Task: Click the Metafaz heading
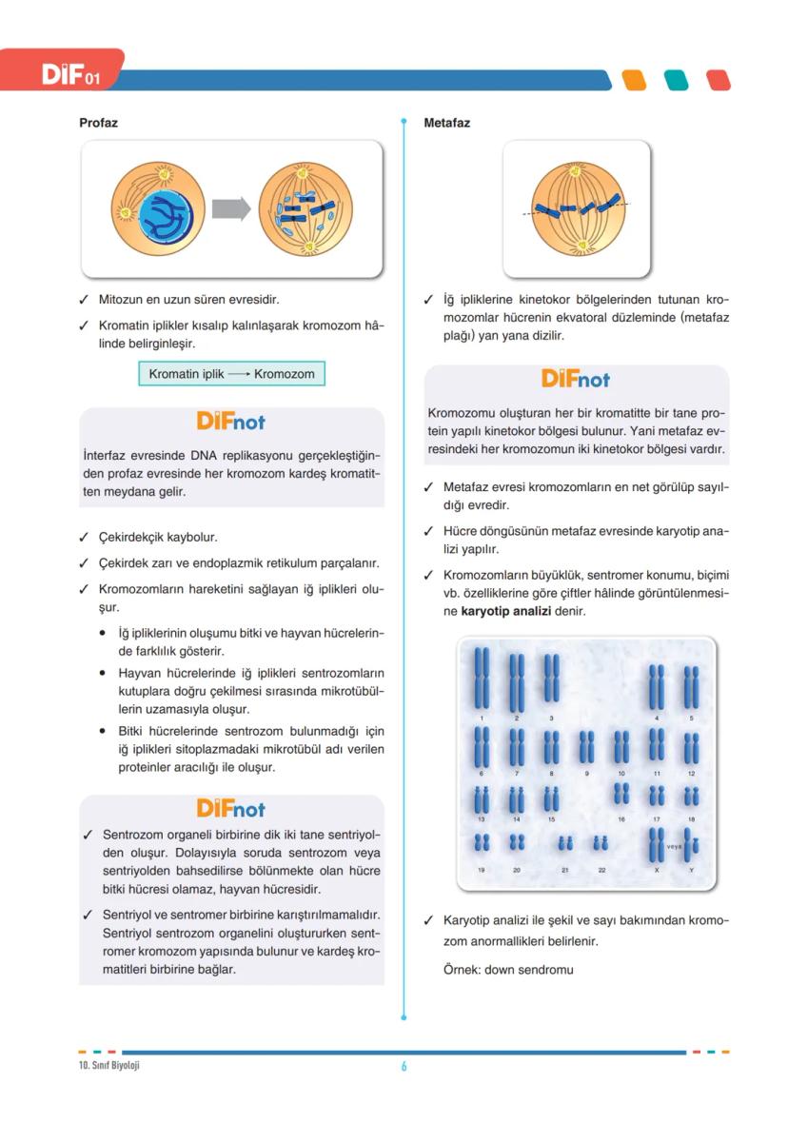pos(446,123)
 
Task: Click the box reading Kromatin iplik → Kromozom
pos(231,374)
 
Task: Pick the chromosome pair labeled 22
pos(601,842)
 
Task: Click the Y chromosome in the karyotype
pos(692,844)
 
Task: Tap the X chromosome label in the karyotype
pos(656,870)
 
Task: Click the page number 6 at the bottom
pos(404,1066)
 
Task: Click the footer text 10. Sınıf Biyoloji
pos(109,1065)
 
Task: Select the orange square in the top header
pos(633,80)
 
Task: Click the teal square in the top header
pos(676,80)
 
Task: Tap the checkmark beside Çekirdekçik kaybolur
pos(85,538)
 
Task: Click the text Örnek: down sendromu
pos(508,970)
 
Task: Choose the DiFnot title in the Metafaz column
pos(576,379)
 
